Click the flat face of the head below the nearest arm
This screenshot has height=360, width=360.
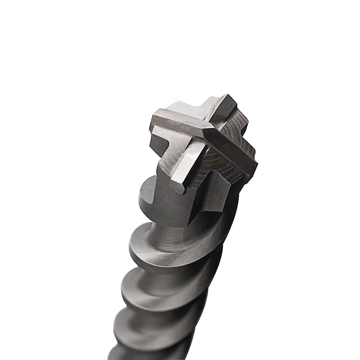pyautogui.click(x=176, y=209)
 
